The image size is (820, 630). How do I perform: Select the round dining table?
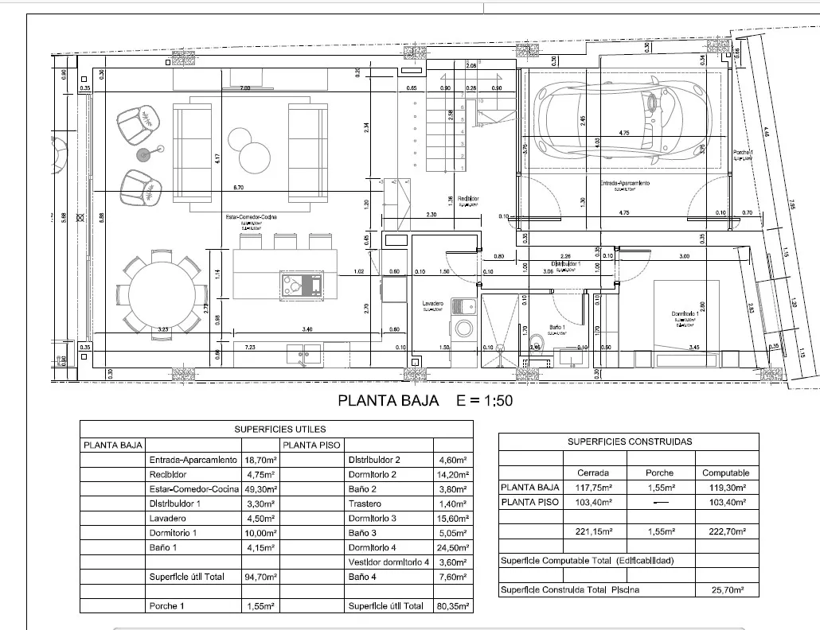tap(160, 293)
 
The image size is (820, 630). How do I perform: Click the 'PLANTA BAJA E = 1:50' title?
tap(425, 400)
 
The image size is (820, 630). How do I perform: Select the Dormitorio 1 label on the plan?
tap(685, 314)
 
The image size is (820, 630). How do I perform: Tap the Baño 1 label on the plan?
tap(557, 328)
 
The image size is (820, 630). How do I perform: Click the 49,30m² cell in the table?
tap(260, 489)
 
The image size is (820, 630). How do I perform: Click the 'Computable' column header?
tap(725, 472)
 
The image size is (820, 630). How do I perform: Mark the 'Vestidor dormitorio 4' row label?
tap(389, 562)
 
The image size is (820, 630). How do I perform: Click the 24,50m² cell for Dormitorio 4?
tap(453, 547)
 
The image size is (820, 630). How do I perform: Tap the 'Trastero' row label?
tap(366, 504)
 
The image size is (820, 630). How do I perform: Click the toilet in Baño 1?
tap(534, 343)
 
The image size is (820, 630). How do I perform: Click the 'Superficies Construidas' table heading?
tap(629, 441)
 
